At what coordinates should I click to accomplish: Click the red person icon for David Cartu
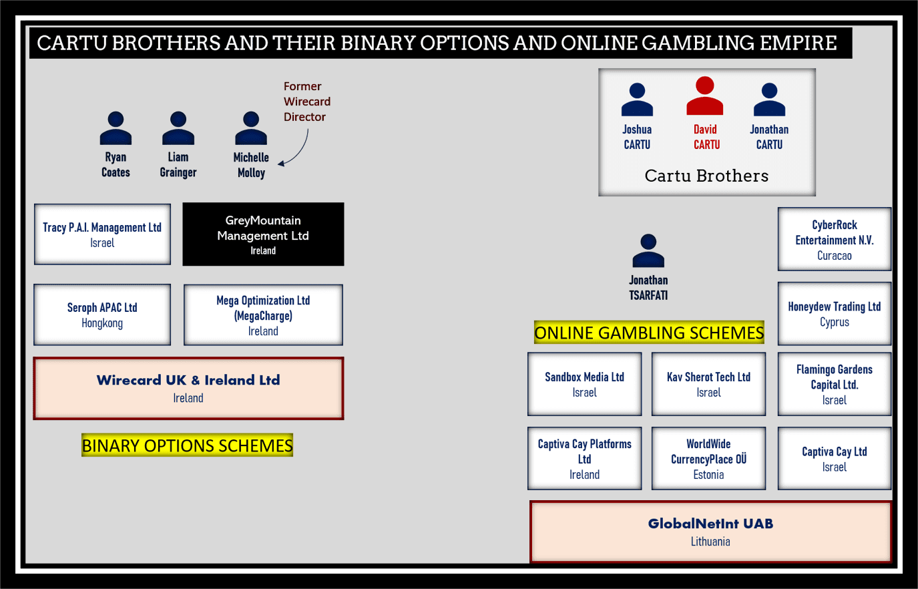[705, 96]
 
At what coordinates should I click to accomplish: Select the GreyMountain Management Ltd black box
[263, 234]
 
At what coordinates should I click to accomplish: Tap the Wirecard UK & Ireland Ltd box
[188, 389]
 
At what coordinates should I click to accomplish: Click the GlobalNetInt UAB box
[710, 532]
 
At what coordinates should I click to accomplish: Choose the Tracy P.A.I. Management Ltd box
[102, 234]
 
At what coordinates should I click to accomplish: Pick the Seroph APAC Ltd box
[102, 315]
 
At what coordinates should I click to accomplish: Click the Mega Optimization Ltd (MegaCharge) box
[263, 315]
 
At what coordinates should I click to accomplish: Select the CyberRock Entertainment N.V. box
[834, 239]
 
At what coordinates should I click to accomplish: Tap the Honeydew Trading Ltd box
[834, 313]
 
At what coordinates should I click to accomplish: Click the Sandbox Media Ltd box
[584, 384]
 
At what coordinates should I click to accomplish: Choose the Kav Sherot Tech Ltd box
[708, 384]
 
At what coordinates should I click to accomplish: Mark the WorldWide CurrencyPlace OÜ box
[708, 459]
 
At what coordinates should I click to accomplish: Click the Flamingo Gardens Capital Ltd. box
[834, 384]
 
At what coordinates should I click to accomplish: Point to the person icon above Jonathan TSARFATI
[648, 251]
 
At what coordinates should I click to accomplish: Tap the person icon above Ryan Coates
[116, 128]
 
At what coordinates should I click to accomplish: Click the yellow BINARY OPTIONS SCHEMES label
[187, 445]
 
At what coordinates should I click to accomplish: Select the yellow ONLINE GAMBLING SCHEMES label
[649, 333]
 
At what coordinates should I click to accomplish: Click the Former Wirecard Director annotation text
[306, 102]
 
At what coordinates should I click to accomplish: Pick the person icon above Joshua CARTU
[637, 100]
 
